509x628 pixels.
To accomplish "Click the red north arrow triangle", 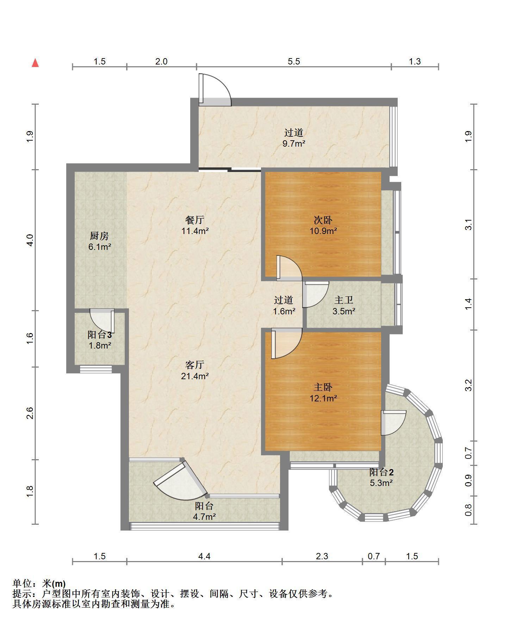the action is point(35,63).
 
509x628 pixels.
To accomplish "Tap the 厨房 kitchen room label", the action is point(99,236).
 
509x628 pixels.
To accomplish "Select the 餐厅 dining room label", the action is point(195,220).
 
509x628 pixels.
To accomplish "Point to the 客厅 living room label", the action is point(195,365).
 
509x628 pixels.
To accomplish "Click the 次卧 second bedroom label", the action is point(323,220).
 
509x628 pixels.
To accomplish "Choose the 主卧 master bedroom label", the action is point(323,387).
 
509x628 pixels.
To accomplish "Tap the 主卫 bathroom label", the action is point(343,300).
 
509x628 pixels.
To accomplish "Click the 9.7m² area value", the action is point(294,144).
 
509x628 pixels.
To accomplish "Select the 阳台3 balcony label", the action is point(100,334).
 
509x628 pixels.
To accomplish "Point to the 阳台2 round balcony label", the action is point(381,472).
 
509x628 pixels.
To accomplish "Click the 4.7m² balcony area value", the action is point(204,517).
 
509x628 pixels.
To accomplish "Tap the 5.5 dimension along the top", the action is point(294,61).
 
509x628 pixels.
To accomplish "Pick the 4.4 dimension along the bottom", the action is point(204,556).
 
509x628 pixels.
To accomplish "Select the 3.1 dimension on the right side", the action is point(468,224).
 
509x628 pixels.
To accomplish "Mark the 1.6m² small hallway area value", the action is point(284,312).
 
